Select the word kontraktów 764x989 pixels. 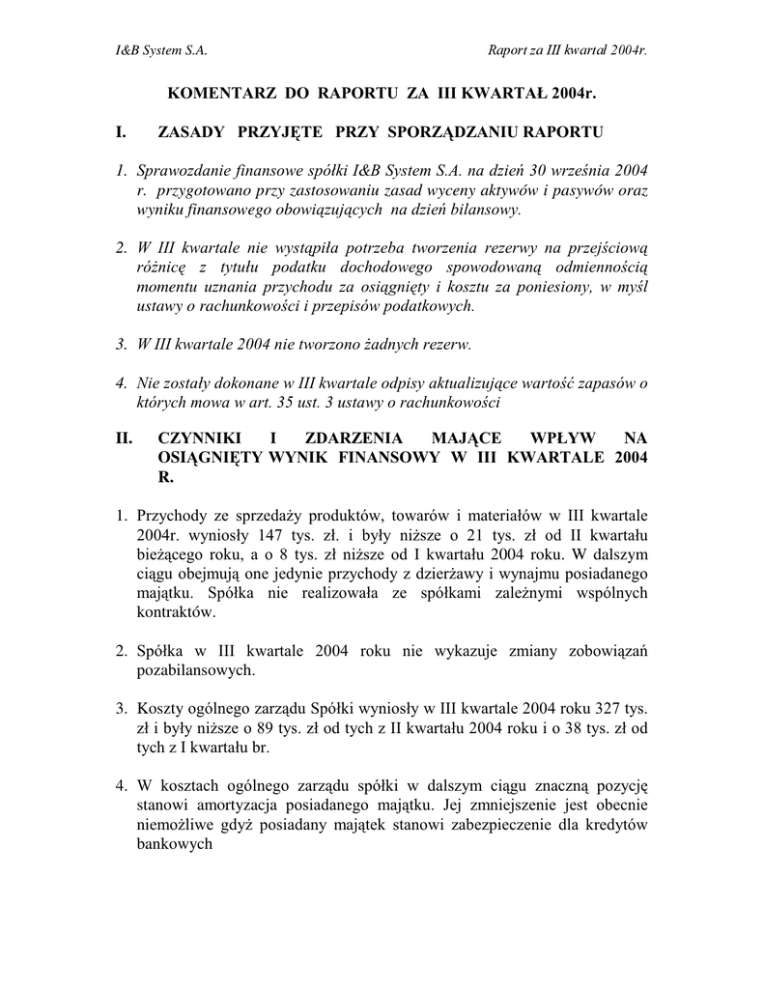pyautogui.click(x=178, y=612)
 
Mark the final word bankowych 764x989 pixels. pyautogui.click(x=175, y=842)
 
